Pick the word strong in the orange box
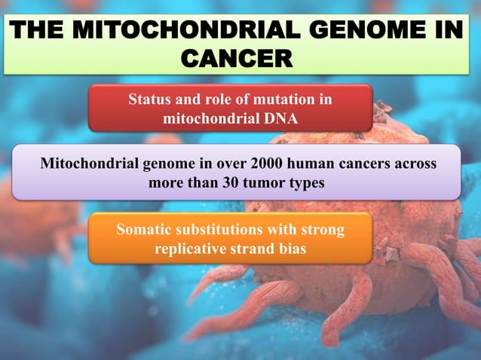pos(324,230)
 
